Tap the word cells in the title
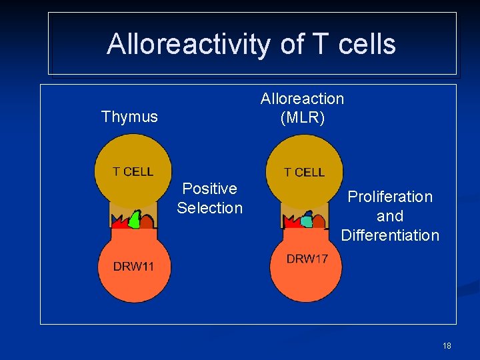coord(367,45)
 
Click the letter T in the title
coord(321,45)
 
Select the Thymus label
coord(129,117)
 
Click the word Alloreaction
coord(302,99)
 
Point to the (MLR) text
coord(302,117)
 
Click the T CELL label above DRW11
coord(133,171)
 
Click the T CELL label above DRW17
coord(304,172)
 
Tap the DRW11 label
coord(133,266)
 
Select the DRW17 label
coord(307,259)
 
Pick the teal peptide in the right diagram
coord(307,220)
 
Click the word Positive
coord(209,189)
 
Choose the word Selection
coord(209,208)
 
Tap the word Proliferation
coord(390,197)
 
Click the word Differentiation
coord(390,235)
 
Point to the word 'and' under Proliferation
coord(390,216)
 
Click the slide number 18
coord(446,345)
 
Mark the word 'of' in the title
coord(292,45)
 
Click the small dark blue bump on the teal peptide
coord(309,214)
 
